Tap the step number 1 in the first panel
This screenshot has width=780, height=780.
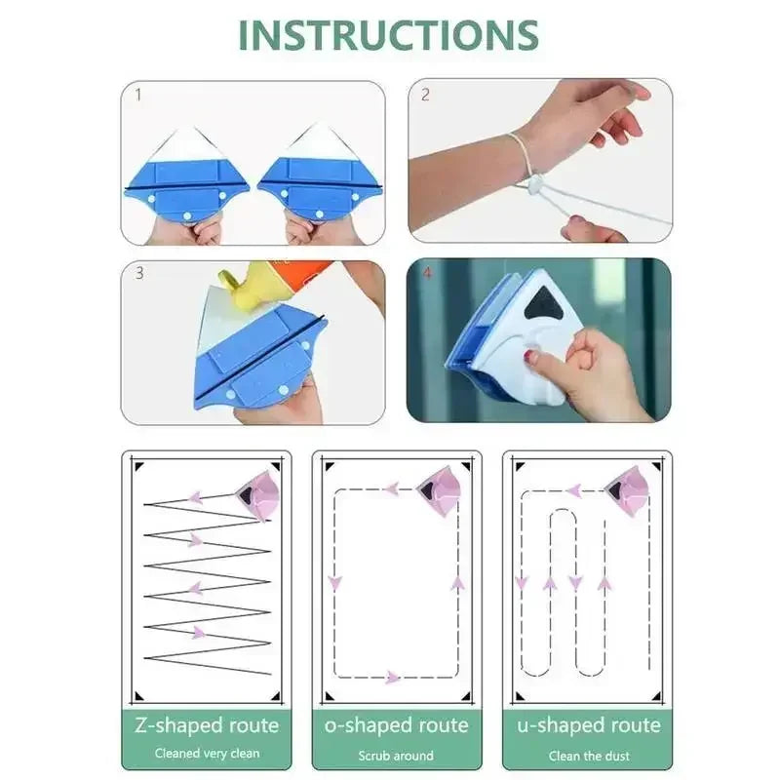click(x=137, y=96)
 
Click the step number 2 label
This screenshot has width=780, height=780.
click(x=425, y=96)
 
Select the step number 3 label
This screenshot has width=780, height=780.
click(x=138, y=274)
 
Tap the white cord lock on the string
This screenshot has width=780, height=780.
click(x=536, y=180)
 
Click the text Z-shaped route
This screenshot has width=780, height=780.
click(x=206, y=725)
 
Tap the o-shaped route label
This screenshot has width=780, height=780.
click(x=396, y=725)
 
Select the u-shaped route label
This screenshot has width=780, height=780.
click(x=588, y=725)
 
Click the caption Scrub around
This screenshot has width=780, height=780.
click(x=396, y=756)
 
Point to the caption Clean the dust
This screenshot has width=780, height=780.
click(x=588, y=756)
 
